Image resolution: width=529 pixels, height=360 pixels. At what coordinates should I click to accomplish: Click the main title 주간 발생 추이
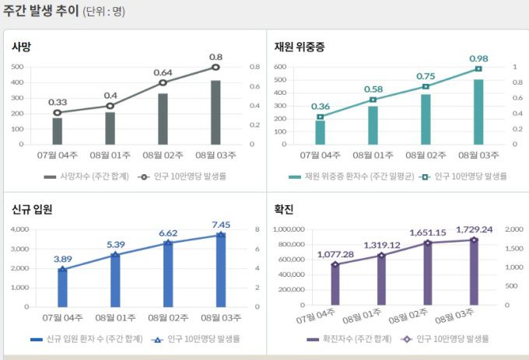[x=40, y=12]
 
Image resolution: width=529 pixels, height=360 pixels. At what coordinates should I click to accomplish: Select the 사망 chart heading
[x=22, y=47]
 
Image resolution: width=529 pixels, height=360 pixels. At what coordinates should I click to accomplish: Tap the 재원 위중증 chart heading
[x=300, y=47]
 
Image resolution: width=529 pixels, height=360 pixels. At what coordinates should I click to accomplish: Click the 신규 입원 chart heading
[x=32, y=209]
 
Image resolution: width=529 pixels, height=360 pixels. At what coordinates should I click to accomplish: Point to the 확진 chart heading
[x=284, y=209]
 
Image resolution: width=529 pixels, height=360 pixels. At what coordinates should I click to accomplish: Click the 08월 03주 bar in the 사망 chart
[x=215, y=112]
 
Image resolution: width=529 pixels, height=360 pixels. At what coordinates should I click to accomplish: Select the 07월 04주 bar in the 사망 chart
[x=58, y=131]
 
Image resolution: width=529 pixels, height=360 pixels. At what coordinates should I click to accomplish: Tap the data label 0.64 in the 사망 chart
[x=163, y=72]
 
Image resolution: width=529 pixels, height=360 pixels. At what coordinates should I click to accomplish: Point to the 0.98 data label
[x=478, y=58]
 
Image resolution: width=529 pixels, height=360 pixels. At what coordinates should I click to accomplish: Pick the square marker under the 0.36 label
[x=321, y=117]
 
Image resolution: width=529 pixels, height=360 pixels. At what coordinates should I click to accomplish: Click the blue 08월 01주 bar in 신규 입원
[x=115, y=280]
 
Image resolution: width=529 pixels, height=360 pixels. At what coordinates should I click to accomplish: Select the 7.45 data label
[x=221, y=225]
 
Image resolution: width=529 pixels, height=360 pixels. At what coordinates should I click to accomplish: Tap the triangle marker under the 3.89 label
[x=62, y=269]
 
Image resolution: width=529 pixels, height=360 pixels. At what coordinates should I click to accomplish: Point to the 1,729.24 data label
[x=474, y=229]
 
